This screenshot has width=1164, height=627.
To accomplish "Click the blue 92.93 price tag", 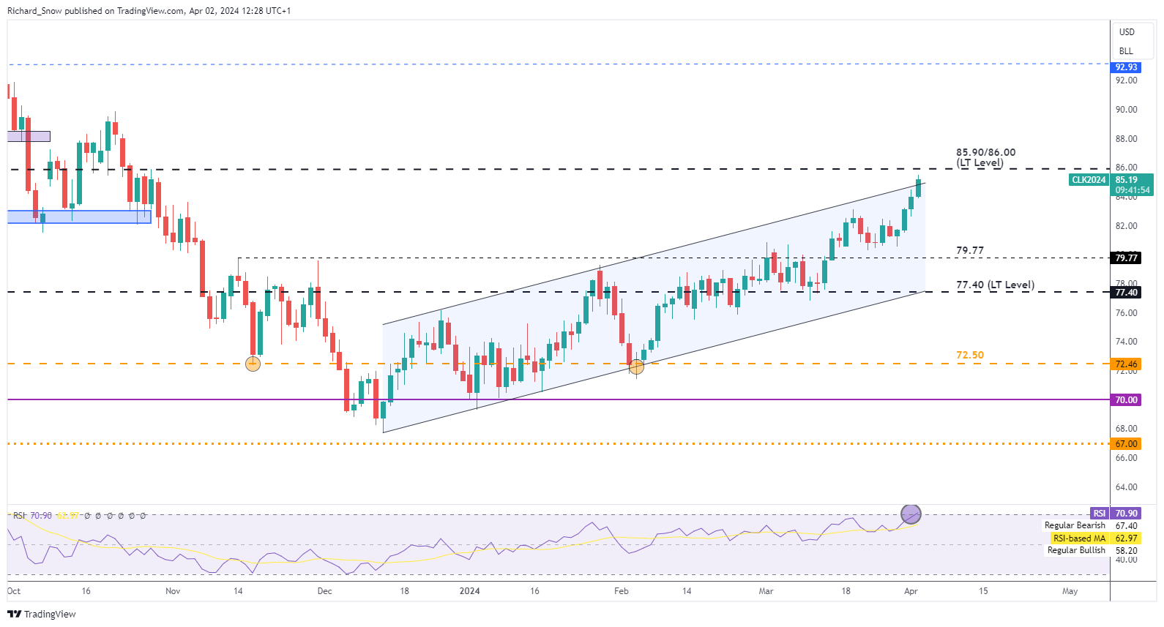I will click(x=1126, y=67).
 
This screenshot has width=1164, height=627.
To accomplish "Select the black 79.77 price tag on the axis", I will click(x=1126, y=258).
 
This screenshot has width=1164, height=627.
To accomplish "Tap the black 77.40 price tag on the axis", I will click(x=1126, y=293).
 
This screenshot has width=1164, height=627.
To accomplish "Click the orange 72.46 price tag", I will click(x=1126, y=364).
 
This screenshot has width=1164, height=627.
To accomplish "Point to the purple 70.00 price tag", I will click(x=1126, y=400).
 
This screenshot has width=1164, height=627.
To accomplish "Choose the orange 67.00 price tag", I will click(x=1126, y=444).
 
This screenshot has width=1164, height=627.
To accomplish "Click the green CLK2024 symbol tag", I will click(x=1089, y=180).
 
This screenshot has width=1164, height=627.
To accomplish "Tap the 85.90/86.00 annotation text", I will click(x=985, y=153).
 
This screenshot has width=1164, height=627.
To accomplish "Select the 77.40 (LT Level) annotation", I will click(x=995, y=285).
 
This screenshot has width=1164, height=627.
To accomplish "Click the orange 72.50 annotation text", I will click(x=970, y=355).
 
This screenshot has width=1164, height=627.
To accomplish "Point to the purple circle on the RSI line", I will click(x=911, y=514).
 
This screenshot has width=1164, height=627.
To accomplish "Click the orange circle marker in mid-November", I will click(x=253, y=364).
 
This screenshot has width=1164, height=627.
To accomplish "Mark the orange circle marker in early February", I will click(x=636, y=367).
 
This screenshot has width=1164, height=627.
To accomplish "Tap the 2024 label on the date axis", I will click(x=469, y=591).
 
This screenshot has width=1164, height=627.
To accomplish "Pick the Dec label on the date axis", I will click(x=324, y=591).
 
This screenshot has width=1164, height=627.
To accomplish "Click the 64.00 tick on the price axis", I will click(x=1126, y=487).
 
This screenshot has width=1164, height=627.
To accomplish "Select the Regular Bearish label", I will click(x=1075, y=525).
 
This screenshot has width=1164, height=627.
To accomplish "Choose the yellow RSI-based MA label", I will click(x=1079, y=538).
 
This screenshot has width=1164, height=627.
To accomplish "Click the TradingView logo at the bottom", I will click(x=42, y=614).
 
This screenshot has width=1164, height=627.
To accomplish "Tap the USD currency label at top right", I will click(x=1127, y=32).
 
